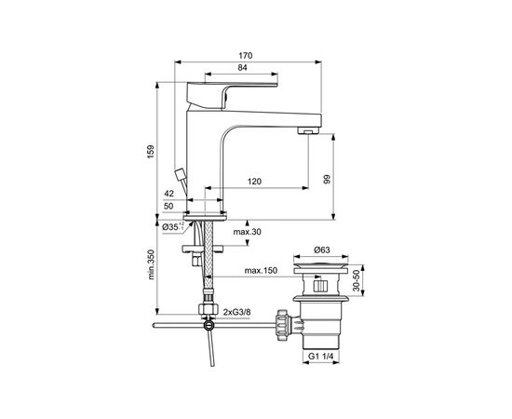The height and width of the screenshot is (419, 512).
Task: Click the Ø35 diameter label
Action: (x=172, y=226)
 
